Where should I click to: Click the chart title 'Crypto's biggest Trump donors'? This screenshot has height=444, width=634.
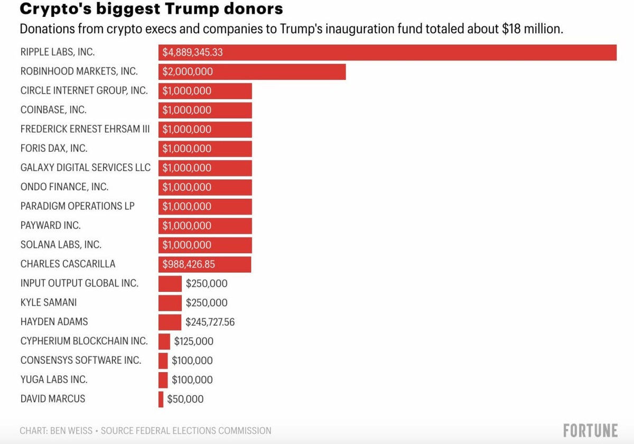[x=151, y=9]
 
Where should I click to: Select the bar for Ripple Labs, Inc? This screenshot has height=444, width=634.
[x=387, y=52]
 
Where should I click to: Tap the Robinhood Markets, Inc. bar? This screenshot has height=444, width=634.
[x=252, y=72]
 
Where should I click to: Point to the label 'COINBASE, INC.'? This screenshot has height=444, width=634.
[x=53, y=110]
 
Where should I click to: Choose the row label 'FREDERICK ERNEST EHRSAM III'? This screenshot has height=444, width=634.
[x=85, y=129]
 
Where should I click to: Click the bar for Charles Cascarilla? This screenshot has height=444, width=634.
[x=204, y=264]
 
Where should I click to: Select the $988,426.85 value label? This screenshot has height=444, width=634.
[x=189, y=264]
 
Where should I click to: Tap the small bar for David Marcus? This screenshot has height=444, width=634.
[x=161, y=399]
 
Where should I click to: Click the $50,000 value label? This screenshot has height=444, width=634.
[x=185, y=399]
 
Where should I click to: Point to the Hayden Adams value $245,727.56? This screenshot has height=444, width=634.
[x=210, y=322]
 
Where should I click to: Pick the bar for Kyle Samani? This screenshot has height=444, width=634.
[x=170, y=303]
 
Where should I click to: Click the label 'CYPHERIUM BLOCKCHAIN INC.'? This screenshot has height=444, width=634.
[x=84, y=341]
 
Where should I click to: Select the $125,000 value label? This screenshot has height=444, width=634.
[x=193, y=341]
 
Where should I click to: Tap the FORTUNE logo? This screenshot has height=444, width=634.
[x=590, y=430]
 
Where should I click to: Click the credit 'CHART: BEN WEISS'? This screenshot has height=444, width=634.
[x=55, y=431]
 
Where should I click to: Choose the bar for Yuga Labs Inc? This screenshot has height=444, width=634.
[x=163, y=380]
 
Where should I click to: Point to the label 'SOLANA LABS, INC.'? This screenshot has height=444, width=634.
[x=61, y=245]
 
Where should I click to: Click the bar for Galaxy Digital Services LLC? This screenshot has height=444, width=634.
[x=205, y=168]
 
